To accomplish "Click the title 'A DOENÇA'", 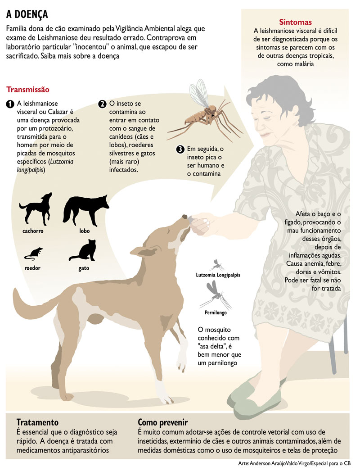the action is tap(27, 14).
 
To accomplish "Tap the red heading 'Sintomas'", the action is tap(295, 22).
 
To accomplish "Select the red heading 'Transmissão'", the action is tap(27, 90).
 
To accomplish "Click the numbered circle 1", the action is tap(10, 104).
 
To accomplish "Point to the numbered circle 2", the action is tap(102, 104).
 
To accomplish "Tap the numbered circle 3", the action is tap(180, 149).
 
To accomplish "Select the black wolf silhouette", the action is tap(85, 210).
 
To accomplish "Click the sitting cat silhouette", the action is tap(83, 250).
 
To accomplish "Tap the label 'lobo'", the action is tap(84, 231).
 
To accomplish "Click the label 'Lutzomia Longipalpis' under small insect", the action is tap(218, 275).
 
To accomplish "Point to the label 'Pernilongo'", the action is tap(216, 312).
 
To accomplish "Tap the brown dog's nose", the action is tap(184, 217).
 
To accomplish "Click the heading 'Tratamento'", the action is tap(37, 422).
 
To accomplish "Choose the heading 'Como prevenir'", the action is tap(163, 423).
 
